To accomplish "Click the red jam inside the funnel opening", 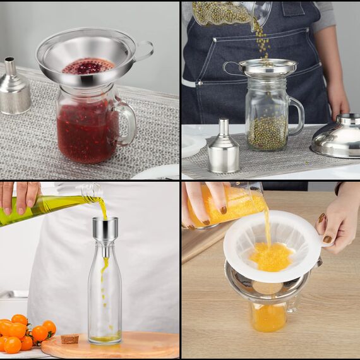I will pyautogui.click(x=88, y=66).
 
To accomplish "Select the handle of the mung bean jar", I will pyautogui.click(x=297, y=115).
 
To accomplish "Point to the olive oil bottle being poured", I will pyautogui.click(x=44, y=207).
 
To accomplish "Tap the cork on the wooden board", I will pyautogui.click(x=69, y=339).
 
